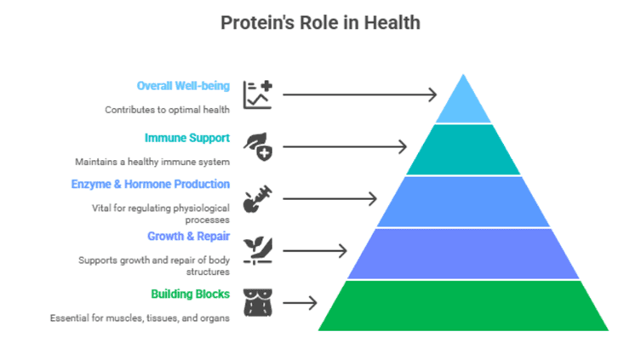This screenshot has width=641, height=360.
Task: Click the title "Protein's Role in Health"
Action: [x=320, y=23]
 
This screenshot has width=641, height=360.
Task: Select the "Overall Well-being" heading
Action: [x=183, y=86]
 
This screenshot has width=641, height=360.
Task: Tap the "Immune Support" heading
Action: [x=187, y=138]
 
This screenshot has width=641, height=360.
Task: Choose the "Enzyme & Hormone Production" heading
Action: [x=151, y=185]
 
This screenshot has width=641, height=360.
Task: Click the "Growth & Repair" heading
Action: [x=188, y=237]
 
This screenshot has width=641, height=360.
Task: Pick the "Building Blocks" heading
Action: [x=190, y=294]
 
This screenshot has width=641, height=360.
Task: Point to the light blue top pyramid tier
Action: [x=463, y=104]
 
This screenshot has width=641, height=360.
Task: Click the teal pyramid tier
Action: [x=463, y=150]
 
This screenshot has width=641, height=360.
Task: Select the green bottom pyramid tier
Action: [x=463, y=306]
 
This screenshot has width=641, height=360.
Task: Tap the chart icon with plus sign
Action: [x=258, y=94]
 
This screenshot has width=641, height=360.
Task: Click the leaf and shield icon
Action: [x=258, y=146]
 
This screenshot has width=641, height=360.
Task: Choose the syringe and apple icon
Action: [x=258, y=199]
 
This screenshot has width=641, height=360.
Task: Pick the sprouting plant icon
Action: [x=258, y=251]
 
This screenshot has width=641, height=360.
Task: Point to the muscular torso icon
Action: [x=258, y=303]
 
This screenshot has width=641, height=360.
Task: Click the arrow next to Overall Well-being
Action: [x=360, y=94]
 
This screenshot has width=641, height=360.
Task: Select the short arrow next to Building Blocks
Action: [x=300, y=303]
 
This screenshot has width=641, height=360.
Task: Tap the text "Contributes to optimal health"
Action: [x=167, y=110]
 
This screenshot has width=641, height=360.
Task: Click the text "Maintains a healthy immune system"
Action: [x=152, y=163]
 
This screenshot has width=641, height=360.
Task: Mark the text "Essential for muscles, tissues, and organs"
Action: [x=140, y=318]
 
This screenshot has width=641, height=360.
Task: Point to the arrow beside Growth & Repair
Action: [x=315, y=251]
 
